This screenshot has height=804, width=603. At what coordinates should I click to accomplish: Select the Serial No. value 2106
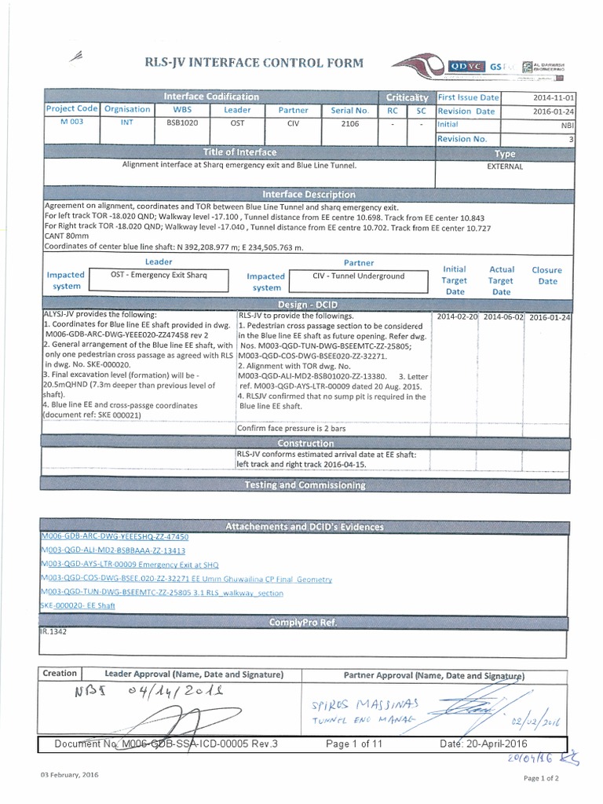(349, 123)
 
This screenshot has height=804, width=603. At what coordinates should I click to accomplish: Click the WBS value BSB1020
(181, 123)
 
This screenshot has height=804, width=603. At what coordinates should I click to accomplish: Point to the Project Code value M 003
(71, 123)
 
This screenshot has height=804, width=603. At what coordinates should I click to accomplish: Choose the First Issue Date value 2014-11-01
(553, 98)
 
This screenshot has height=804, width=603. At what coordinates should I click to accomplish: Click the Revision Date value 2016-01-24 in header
(553, 111)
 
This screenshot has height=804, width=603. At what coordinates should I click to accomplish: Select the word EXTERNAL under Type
(505, 166)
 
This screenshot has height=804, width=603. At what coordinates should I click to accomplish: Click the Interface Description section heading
(309, 194)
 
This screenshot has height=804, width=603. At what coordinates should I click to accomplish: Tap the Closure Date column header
(547, 275)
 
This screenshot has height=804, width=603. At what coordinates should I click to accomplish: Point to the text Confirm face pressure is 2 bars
(291, 429)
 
